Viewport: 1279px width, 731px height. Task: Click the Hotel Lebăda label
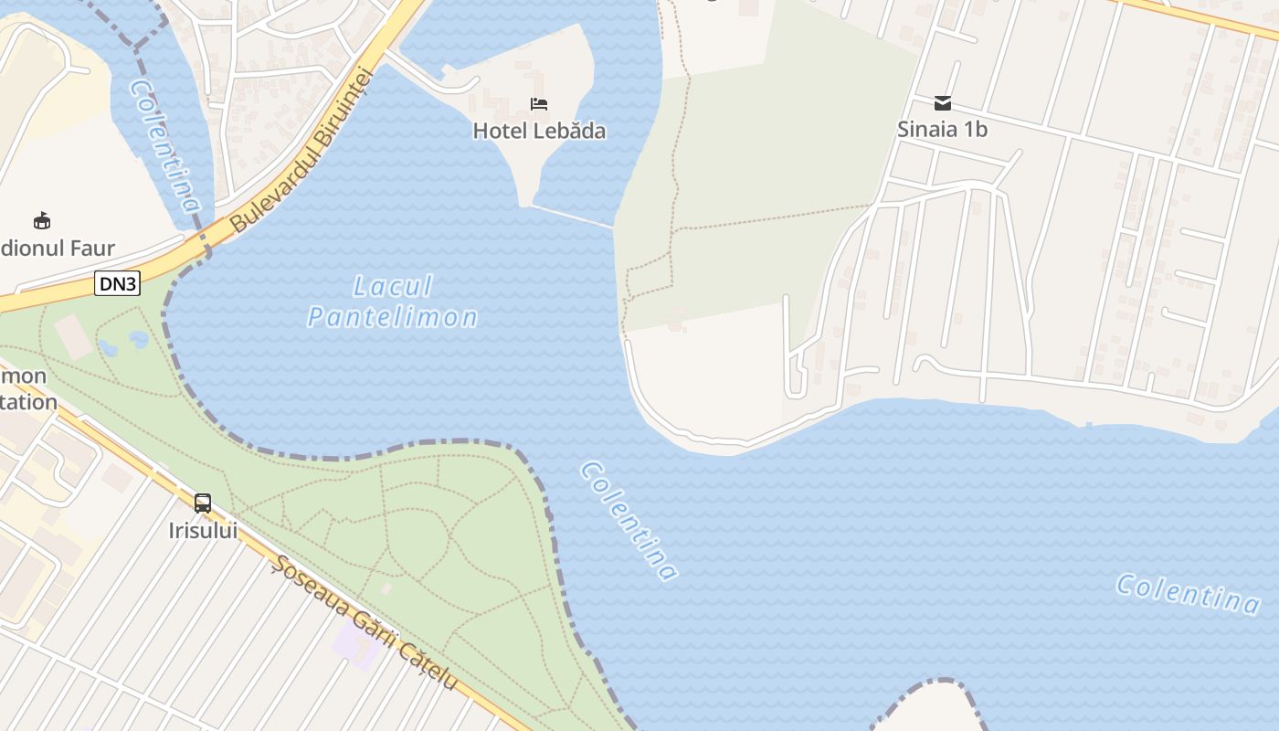[539, 131]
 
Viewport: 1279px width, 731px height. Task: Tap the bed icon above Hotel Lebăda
[539, 104]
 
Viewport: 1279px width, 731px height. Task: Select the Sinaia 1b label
[942, 129]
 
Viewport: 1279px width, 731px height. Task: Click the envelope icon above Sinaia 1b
[942, 103]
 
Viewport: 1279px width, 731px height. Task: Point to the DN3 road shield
[117, 284]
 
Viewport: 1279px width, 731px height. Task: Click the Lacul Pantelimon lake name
[393, 302]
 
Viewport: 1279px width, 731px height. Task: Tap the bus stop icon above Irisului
[203, 503]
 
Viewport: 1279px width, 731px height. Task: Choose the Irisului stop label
[203, 530]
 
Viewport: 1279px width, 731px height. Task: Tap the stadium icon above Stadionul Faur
[42, 220]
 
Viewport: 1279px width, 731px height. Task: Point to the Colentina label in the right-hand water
[1188, 593]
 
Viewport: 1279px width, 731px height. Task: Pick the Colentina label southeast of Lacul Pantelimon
[629, 521]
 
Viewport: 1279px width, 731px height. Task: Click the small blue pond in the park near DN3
[139, 340]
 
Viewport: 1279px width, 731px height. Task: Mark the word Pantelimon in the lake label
[393, 317]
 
